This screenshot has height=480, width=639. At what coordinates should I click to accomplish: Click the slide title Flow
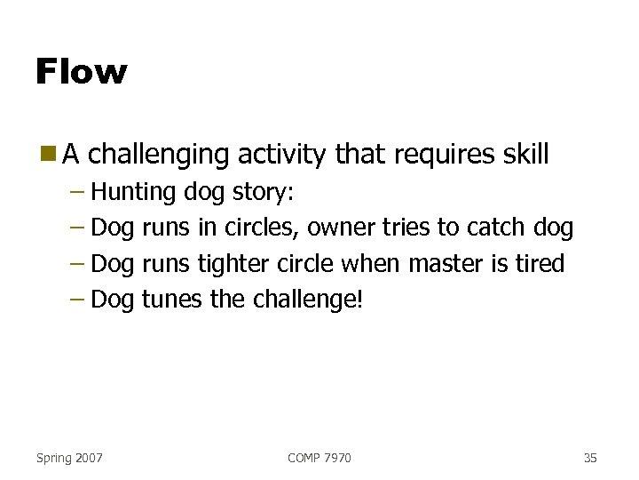[82, 71]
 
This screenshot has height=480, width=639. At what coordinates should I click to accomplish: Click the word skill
[521, 155]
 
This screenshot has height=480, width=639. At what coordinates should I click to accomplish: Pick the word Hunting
[134, 193]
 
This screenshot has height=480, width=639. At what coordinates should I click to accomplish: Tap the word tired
[540, 263]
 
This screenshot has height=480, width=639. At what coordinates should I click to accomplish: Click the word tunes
[172, 300]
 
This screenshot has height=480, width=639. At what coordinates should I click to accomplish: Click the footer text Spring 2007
[69, 458]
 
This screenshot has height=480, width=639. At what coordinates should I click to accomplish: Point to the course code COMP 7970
[319, 458]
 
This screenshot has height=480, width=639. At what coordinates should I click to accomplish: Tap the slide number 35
[590, 458]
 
